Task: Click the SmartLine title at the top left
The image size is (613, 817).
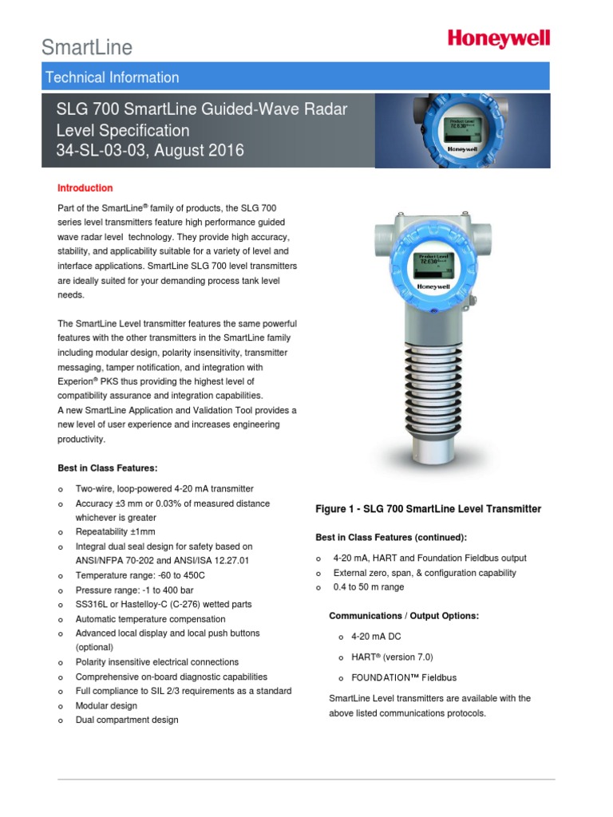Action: click(87, 48)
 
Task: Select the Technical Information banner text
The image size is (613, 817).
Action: click(113, 77)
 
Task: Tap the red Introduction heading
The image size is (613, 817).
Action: click(85, 188)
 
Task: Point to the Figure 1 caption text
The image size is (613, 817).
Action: click(429, 509)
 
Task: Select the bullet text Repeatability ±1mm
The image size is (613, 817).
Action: click(115, 531)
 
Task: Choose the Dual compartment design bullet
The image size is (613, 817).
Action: click(127, 720)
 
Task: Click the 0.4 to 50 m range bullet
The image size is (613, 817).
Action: click(369, 587)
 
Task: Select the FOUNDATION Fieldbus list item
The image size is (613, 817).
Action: click(404, 677)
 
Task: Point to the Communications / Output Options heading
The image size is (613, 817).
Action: click(404, 616)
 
